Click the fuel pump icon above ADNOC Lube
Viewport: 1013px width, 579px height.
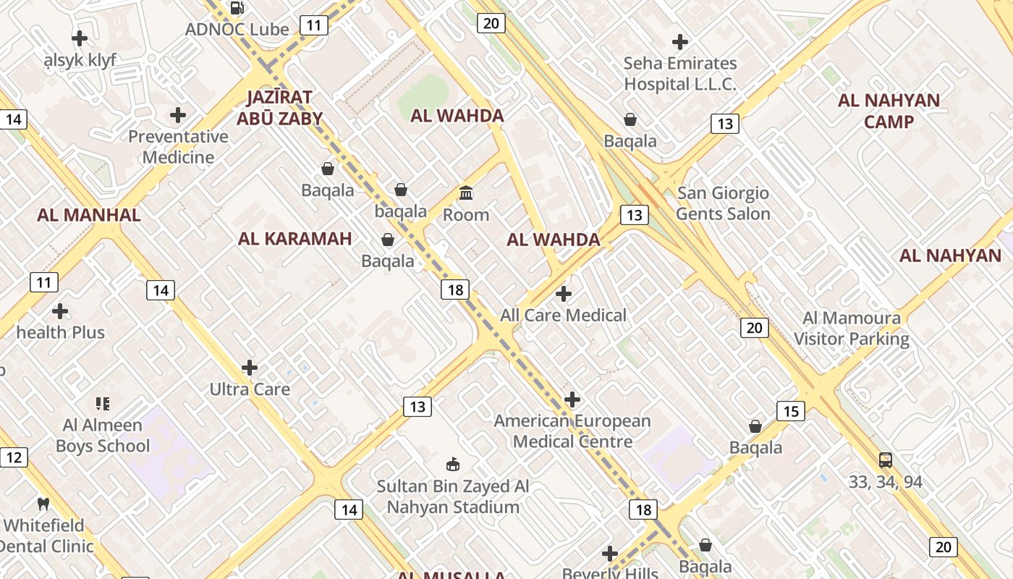(237, 8)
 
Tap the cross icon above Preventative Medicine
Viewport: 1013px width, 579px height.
(178, 115)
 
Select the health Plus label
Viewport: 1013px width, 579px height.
(61, 333)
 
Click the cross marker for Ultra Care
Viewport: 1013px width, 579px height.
(250, 368)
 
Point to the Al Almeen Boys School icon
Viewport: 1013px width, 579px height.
(103, 404)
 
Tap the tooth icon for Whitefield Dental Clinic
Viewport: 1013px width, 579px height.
(43, 504)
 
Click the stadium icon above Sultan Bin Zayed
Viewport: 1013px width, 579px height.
(453, 464)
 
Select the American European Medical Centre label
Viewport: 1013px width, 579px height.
(572, 431)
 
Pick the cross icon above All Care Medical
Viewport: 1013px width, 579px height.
(564, 294)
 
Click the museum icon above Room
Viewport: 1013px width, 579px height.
(466, 193)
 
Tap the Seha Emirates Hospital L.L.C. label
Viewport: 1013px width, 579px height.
(680, 74)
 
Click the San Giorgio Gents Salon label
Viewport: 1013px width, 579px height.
(723, 203)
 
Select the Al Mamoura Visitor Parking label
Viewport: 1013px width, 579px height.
(852, 329)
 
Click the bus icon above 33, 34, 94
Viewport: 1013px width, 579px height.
(886, 460)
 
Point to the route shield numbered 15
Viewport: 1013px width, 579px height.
(791, 411)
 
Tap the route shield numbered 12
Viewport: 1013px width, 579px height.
(14, 457)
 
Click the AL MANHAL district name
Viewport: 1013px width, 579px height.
(89, 215)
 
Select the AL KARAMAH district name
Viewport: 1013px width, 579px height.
(294, 239)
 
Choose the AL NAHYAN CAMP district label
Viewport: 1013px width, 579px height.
(889, 111)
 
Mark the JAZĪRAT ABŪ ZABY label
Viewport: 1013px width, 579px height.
(279, 108)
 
